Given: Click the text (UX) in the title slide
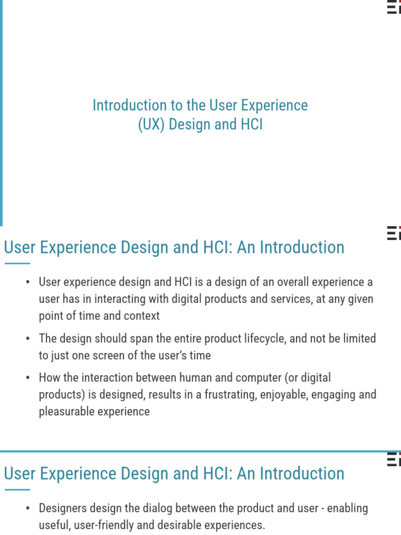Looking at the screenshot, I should coord(151,125).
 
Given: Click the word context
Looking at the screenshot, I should coord(141,316).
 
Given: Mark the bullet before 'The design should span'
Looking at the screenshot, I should coord(28,339).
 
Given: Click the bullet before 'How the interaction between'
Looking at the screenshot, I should coord(28,378).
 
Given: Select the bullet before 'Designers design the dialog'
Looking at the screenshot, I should coord(28,508).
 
